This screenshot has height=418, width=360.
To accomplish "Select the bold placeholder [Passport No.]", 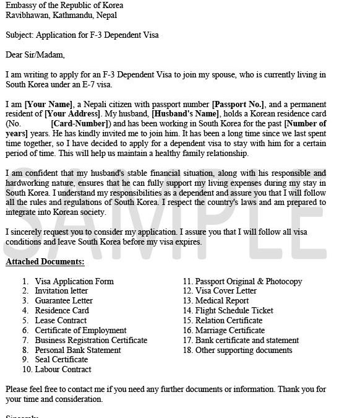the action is tap(238, 104).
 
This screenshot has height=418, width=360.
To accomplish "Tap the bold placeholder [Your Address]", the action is tap(72, 114).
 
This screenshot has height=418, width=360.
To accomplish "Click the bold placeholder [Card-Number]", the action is tap(78, 124).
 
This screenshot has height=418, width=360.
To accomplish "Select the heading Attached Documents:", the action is tap(40, 261).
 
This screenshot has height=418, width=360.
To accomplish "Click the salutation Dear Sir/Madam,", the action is tap(35, 54).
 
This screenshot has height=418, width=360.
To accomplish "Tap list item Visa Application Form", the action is tap(74, 281).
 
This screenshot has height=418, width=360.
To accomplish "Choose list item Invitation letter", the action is tap(61, 290).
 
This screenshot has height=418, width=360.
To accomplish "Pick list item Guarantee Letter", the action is tap(64, 300).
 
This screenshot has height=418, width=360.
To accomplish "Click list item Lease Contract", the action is tap(61, 320).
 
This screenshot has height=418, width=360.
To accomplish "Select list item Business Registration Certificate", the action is tap(91, 340).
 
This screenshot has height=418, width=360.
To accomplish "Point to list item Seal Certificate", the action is tap(61, 359).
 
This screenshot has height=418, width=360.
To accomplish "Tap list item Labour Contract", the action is tap(62, 369).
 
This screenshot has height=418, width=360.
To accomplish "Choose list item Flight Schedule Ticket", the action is tap(234, 310).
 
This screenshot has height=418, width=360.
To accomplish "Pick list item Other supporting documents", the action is tap(244, 350).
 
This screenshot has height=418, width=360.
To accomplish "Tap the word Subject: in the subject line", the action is tap(20, 35).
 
